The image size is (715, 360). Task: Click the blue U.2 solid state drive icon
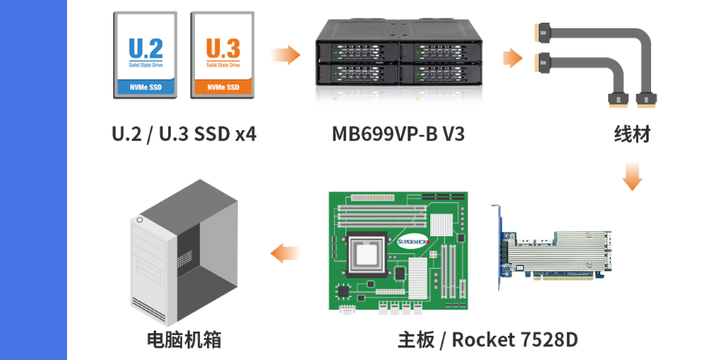[x=145, y=55]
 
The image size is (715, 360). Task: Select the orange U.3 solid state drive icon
[x=222, y=55]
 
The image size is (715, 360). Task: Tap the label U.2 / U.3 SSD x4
[x=184, y=134]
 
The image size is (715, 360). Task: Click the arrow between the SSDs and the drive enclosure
[x=286, y=55]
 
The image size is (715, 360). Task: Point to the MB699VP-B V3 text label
[x=398, y=134]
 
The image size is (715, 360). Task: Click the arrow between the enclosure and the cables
[x=513, y=58]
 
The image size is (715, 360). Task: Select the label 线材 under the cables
[x=632, y=134]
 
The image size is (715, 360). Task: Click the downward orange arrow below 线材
[x=632, y=176]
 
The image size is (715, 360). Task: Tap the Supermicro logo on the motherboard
[x=413, y=242]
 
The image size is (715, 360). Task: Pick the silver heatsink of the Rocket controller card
[x=557, y=252]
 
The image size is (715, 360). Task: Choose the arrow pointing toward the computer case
[x=285, y=253]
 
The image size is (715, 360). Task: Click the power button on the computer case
[x=140, y=220]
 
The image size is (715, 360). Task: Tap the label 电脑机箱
[x=184, y=340]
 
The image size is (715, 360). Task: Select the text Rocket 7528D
[x=515, y=340]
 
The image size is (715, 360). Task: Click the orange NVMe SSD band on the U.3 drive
[x=223, y=87]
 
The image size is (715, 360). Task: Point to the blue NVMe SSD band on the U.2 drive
[x=146, y=87]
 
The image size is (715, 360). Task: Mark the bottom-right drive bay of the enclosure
[x=439, y=74]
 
